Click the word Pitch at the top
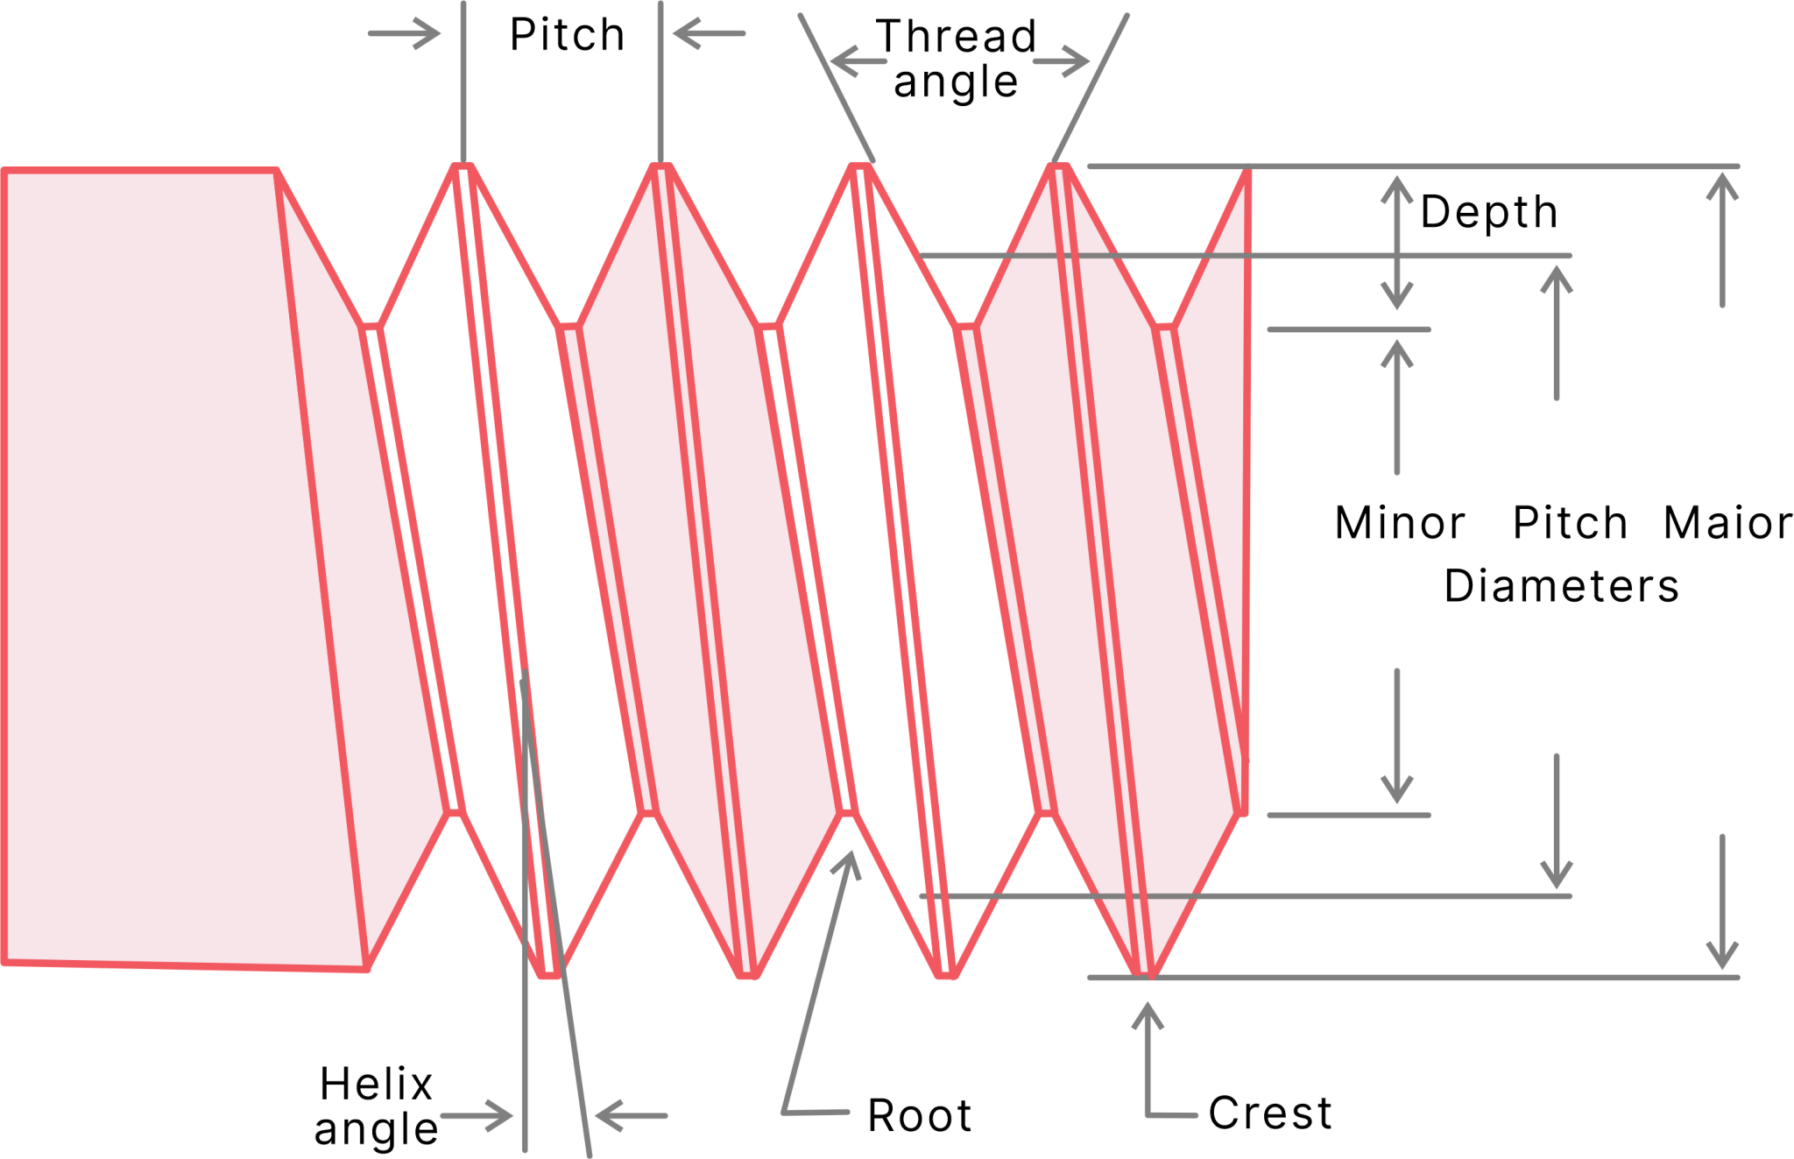coord(567,36)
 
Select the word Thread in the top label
coord(957,37)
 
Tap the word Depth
coord(1488,212)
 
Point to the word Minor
coord(1399,523)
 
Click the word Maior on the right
coord(1727,523)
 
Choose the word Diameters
coord(1561,586)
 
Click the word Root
coord(920,1116)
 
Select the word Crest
coord(1270,1113)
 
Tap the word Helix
coord(376,1085)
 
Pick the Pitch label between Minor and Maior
coord(1570,523)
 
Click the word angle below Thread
coord(956,83)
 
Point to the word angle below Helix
coord(377,1130)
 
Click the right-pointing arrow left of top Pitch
coord(404,33)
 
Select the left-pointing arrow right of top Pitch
coord(710,33)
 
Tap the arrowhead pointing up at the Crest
coord(1147,1016)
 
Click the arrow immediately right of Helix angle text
coord(476,1116)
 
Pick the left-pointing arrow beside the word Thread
coord(858,61)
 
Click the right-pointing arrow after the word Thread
coord(1061,61)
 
